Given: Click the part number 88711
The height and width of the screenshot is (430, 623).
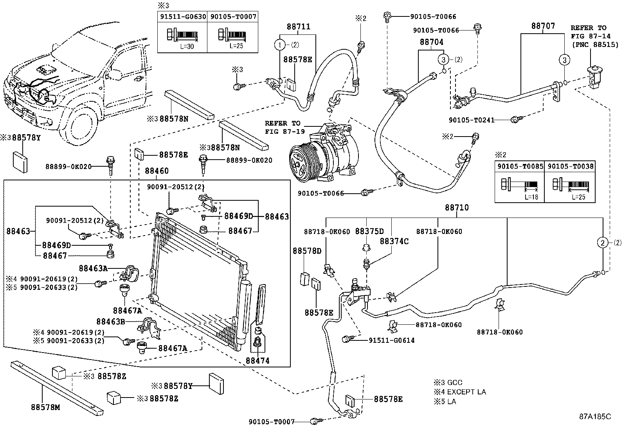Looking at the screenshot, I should pos(298,27).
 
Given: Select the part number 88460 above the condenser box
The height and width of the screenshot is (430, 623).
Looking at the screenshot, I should pos(157,171).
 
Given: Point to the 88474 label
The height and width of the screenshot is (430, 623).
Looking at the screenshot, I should pos(257,361).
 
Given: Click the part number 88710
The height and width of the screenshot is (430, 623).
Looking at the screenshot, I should pos(457,208).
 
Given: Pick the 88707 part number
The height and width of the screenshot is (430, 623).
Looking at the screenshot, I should pos(543,26).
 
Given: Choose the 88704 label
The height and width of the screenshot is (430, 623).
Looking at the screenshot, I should pos(432,42).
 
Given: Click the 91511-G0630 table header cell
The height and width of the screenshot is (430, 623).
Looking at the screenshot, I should pos(182,17).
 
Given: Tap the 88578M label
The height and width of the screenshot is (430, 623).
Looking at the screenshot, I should pos(46,407).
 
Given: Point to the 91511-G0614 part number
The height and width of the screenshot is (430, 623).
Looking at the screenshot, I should pos(392,340).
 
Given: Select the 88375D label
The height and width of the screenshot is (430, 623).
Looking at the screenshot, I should pos(369,232).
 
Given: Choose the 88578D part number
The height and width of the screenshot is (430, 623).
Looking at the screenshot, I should pos(307,250).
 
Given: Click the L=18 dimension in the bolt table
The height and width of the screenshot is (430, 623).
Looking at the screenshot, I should pos(531,197).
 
